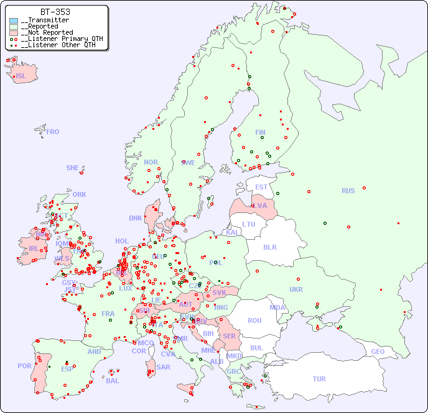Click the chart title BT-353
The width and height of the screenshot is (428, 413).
click(55, 12)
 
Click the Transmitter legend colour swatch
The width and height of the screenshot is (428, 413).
click(14, 20)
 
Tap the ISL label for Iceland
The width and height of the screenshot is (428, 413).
click(21, 76)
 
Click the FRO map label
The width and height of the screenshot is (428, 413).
click(53, 132)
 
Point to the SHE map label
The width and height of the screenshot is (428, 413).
click(72, 168)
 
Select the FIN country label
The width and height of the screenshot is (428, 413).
click(260, 132)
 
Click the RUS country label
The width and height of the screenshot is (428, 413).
click(348, 191)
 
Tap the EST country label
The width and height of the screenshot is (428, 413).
click(261, 187)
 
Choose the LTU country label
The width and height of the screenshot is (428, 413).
click(249, 224)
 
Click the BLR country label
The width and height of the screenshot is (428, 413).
click(269, 247)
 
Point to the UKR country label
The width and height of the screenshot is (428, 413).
click(296, 289)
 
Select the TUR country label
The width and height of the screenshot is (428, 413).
click(319, 379)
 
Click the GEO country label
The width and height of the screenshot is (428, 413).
click(378, 352)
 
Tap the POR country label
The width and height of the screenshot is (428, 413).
click(24, 366)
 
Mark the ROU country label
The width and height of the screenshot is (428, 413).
click(254, 320)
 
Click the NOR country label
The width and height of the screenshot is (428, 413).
click(151, 162)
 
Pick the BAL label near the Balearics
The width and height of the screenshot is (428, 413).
click(112, 381)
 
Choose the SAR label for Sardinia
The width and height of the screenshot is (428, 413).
click(164, 367)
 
